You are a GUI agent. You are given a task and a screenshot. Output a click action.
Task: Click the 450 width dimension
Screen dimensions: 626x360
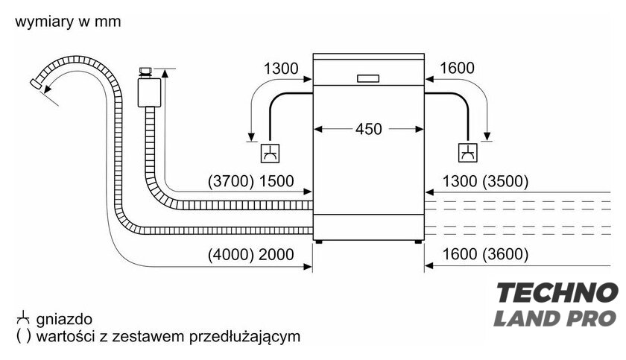coord(368,129)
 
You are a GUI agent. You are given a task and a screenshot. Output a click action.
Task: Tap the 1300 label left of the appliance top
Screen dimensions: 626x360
coord(281,69)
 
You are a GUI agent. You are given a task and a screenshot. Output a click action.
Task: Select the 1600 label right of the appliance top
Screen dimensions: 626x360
coord(457,69)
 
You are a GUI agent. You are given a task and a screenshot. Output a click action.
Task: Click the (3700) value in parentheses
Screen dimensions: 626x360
coord(231,181)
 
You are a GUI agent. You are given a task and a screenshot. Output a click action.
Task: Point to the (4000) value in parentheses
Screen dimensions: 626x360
coord(231,254)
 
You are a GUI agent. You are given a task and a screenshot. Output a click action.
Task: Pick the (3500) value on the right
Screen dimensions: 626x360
coord(505,181)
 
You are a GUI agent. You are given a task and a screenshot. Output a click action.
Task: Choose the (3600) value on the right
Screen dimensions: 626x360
coord(505,254)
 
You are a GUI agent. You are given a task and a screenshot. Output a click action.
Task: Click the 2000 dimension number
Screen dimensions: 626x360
coord(276,254)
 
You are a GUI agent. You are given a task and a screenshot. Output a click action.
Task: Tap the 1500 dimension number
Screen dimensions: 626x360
coord(276,181)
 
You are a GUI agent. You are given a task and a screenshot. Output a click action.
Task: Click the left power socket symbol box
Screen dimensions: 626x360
coord(270,154)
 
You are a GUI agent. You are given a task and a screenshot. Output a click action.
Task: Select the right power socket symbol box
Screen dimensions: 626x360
coord(467,153)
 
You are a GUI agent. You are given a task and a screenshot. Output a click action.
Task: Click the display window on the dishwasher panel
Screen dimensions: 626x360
coord(368,78)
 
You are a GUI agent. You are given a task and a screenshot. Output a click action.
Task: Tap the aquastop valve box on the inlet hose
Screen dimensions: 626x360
coord(149,92)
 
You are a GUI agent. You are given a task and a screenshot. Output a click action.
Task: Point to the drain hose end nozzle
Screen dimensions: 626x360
coord(37,83)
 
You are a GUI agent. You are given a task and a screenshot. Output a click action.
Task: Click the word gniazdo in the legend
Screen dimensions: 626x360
coord(64,319)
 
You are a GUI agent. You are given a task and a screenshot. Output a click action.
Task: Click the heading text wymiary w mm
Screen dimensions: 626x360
coord(68,21)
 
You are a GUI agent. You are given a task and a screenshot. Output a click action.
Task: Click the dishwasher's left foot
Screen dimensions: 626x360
coord(318,241)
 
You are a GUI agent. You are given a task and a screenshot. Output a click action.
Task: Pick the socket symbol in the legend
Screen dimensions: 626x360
coord(23,318)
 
